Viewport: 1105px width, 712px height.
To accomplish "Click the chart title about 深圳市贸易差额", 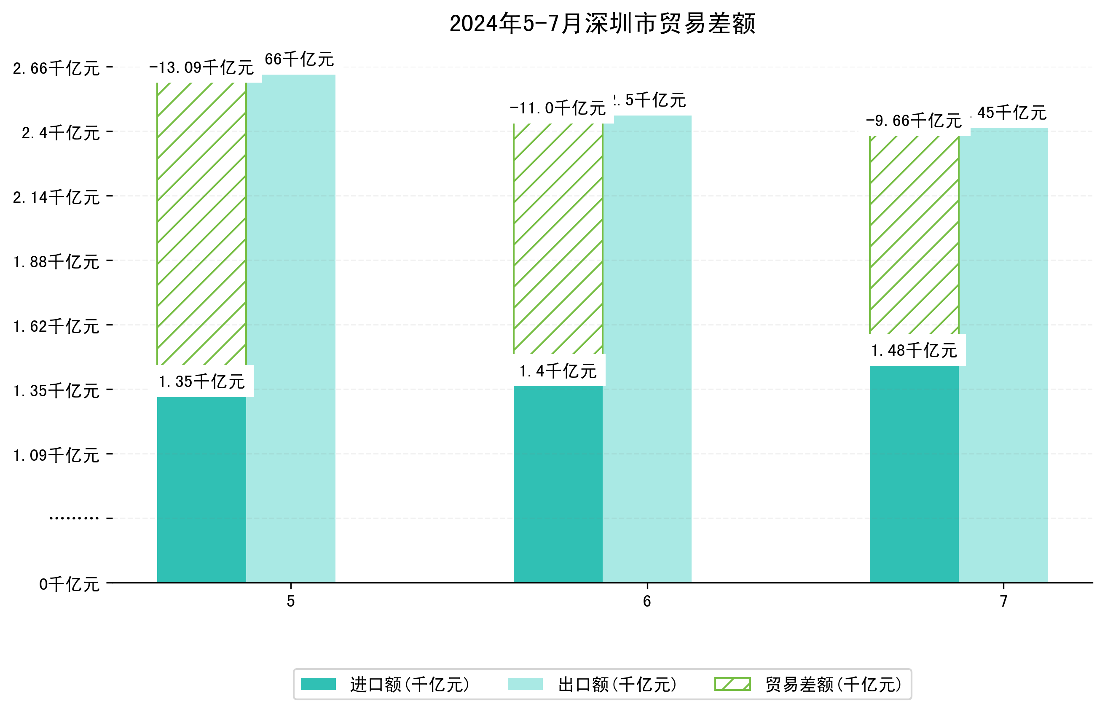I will tap(602, 24).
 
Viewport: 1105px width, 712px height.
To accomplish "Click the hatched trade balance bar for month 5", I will tap(201, 224).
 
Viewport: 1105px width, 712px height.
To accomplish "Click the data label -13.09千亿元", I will tap(201, 68).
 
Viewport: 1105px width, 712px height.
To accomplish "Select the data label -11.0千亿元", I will tap(558, 109).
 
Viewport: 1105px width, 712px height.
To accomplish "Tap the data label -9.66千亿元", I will tap(914, 121).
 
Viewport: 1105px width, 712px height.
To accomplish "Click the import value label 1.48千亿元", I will tap(914, 350).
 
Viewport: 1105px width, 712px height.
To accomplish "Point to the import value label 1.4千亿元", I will tap(558, 371).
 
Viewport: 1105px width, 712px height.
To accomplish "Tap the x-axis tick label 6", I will tap(646, 601).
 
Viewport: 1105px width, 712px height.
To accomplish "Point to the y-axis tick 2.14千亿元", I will tap(56, 197).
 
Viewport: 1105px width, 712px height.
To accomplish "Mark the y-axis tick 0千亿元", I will tap(69, 584).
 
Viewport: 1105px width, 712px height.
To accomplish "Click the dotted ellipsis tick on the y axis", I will tap(74, 518).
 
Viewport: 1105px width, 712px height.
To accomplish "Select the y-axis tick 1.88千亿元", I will tap(56, 262).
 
